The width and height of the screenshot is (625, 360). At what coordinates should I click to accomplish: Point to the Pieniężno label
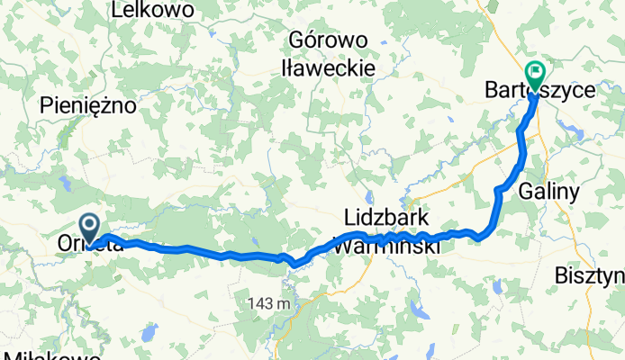click(x=87, y=106)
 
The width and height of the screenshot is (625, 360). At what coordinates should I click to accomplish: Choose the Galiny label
click(x=550, y=191)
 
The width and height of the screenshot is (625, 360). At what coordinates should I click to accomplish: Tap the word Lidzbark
click(x=388, y=219)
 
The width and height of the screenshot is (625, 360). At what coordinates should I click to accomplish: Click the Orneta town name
click(x=88, y=244)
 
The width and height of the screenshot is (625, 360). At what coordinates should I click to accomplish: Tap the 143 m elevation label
click(x=269, y=303)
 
